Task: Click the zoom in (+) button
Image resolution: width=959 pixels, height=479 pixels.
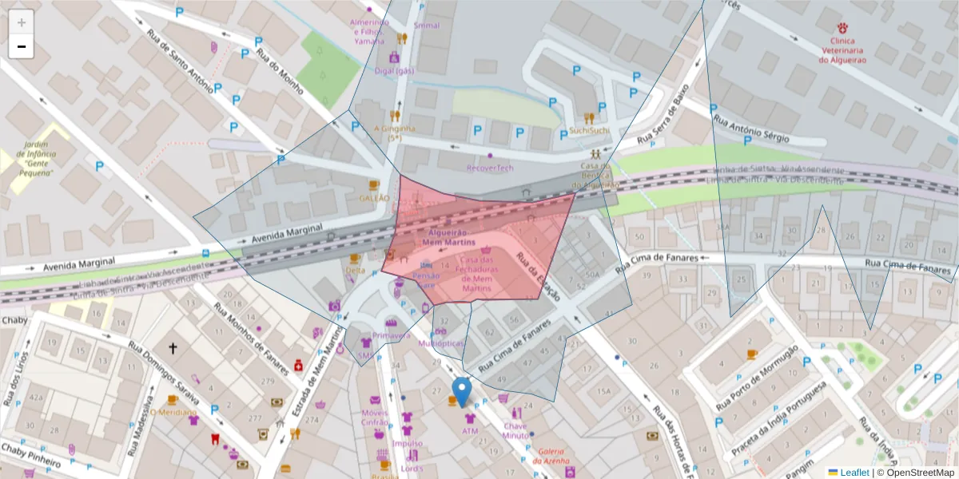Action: click(21, 22)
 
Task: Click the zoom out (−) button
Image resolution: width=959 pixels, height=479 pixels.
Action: click(21, 47)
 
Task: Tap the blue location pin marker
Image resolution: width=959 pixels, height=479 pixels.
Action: click(461, 391)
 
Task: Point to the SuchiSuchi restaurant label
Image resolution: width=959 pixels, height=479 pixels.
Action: click(589, 130)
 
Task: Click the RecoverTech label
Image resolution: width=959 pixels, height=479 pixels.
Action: click(490, 168)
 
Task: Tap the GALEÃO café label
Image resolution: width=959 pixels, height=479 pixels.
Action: click(374, 197)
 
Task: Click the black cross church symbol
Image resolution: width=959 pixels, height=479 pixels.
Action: click(172, 348)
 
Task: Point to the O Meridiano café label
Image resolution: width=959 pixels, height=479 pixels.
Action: click(173, 413)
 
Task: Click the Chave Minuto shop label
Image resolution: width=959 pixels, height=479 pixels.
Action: click(515, 431)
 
